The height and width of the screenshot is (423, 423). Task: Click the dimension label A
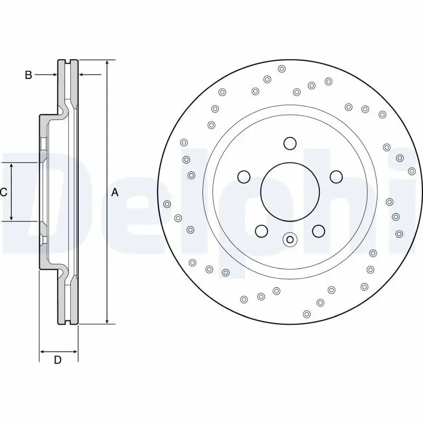115,193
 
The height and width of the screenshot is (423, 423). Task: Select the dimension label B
29,75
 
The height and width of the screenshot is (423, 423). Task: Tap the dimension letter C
3,192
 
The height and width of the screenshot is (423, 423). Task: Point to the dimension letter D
58,361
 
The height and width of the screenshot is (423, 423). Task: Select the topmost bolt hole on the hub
290,143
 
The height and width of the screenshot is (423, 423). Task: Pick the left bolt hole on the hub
244,177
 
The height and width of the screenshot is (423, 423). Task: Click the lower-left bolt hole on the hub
261,231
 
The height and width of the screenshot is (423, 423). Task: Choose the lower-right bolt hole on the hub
318,231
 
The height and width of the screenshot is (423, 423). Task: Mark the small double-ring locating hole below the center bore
289,240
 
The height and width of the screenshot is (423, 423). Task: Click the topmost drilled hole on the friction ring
281,68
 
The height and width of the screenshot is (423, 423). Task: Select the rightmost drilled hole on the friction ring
412,171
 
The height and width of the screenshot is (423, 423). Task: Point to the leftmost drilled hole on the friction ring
168,204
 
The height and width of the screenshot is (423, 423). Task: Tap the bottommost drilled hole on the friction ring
307,314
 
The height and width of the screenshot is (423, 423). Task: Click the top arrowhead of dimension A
107,63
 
